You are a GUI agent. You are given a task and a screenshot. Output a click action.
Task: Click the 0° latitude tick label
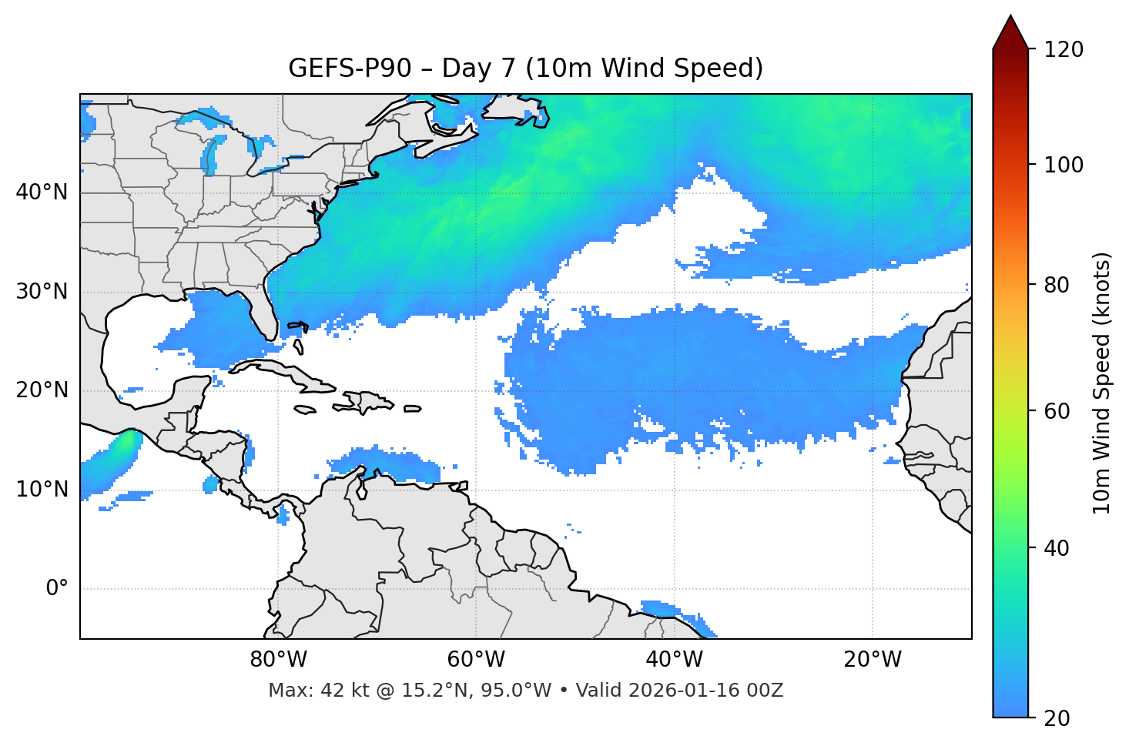click(x=57, y=589)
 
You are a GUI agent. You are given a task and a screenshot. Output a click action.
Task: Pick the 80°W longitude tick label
click(x=278, y=660)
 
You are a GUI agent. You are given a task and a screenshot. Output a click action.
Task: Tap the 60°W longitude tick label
click(x=476, y=660)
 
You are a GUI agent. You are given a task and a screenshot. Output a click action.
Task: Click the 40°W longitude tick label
click(x=674, y=660)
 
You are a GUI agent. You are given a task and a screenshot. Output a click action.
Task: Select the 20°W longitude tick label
click(x=873, y=660)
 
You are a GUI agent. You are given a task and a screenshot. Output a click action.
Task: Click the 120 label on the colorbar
click(x=1064, y=49)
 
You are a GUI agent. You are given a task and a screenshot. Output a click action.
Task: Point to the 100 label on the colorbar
click(x=1064, y=165)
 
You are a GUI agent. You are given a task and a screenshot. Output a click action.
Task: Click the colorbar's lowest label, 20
click(x=1057, y=718)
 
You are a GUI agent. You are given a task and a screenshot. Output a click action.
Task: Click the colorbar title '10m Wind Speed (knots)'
click(x=1102, y=383)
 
